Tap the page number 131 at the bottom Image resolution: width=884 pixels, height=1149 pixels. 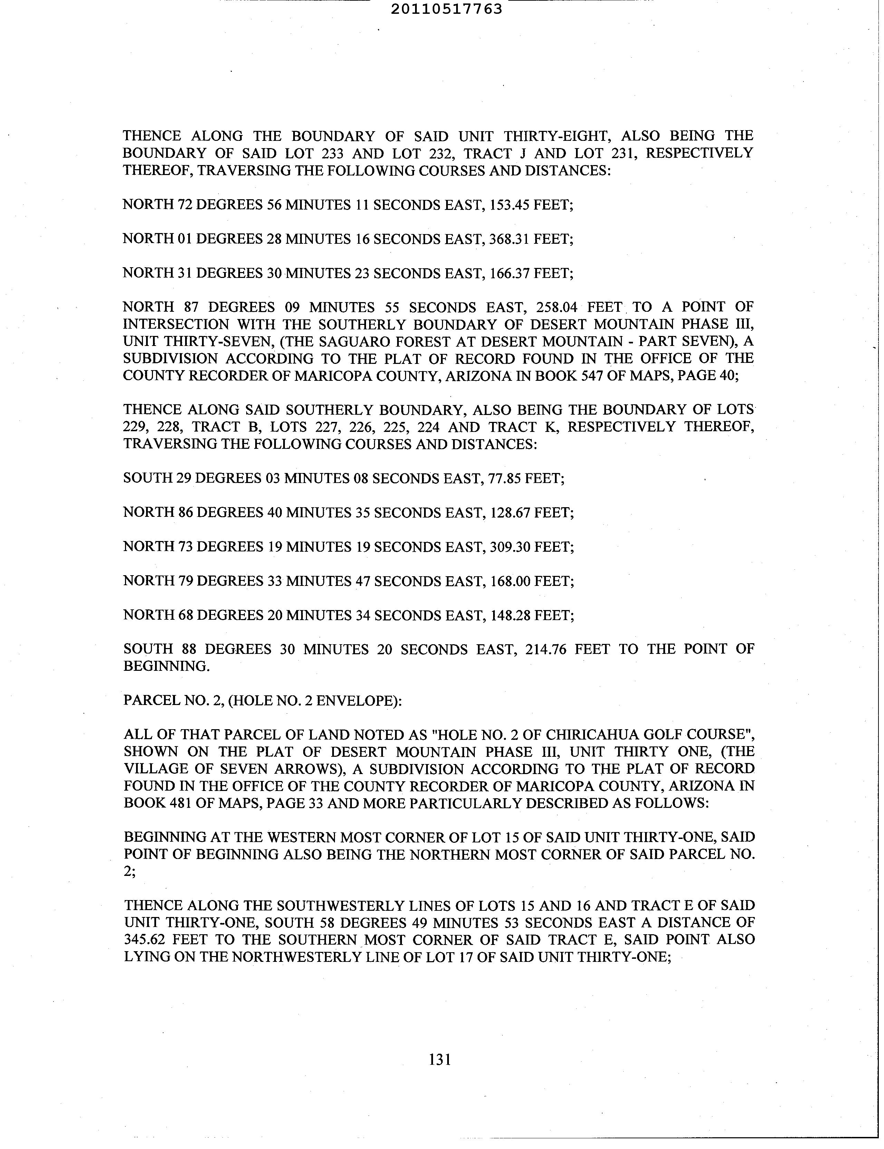pyautogui.click(x=440, y=1059)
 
